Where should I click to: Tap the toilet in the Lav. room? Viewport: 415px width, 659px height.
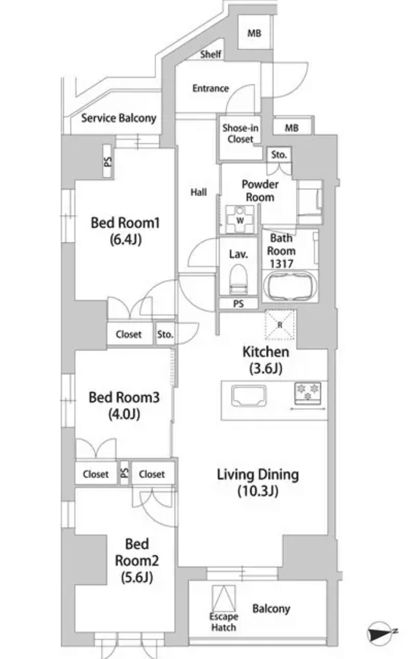(x=238, y=279)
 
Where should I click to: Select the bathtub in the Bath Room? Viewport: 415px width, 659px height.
(x=289, y=287)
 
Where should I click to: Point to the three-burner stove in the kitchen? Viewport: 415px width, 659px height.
(x=308, y=393)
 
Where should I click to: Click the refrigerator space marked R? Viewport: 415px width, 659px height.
(x=279, y=325)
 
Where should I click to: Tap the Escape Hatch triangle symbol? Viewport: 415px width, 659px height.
(x=224, y=599)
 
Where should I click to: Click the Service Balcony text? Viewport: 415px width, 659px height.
(x=118, y=118)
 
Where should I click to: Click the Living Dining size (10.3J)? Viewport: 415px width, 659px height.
(x=258, y=491)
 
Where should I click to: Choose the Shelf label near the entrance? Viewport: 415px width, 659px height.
(x=211, y=54)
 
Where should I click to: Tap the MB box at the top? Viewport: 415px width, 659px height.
(x=253, y=34)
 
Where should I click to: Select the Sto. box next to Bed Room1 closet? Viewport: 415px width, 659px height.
(x=165, y=334)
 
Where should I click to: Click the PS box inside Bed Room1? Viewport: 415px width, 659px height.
(x=107, y=162)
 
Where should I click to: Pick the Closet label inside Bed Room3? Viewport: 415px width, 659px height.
(x=96, y=474)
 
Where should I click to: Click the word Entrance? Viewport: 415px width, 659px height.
(x=211, y=88)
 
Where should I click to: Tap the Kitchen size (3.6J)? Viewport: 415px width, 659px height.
(x=266, y=370)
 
